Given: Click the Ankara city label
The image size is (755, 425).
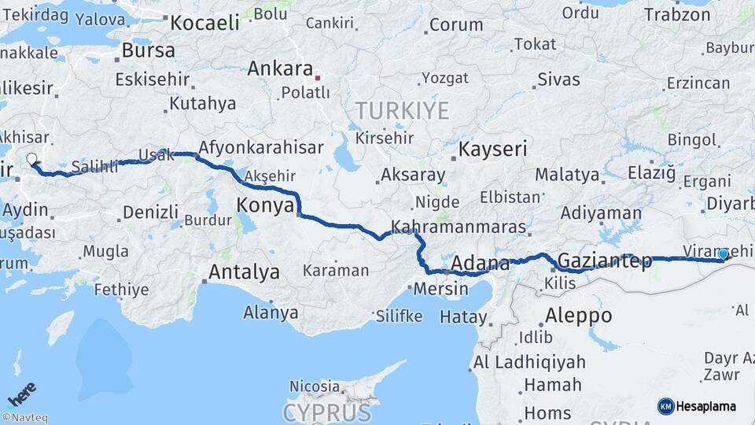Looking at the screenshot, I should (x=280, y=69).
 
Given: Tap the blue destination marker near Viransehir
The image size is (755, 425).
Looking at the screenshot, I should (x=723, y=254).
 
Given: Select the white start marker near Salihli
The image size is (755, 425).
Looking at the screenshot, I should (x=31, y=160).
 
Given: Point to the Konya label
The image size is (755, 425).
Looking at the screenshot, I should (x=265, y=206).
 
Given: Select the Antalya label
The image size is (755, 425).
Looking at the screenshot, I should (x=244, y=272).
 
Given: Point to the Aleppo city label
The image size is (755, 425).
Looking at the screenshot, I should (x=578, y=316).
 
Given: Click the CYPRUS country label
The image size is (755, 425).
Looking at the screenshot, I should (x=326, y=412).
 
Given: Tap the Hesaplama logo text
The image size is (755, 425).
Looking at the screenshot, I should (x=706, y=406).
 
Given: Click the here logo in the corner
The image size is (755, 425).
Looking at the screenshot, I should (x=21, y=393).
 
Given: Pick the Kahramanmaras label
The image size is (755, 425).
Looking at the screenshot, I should (x=457, y=227).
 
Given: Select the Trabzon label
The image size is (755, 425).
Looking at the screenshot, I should (x=677, y=14).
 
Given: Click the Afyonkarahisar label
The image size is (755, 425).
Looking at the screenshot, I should (x=261, y=147).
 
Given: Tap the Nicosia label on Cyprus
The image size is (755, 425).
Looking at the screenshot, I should (x=315, y=386).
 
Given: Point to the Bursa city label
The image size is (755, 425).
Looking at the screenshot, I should (x=149, y=51).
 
